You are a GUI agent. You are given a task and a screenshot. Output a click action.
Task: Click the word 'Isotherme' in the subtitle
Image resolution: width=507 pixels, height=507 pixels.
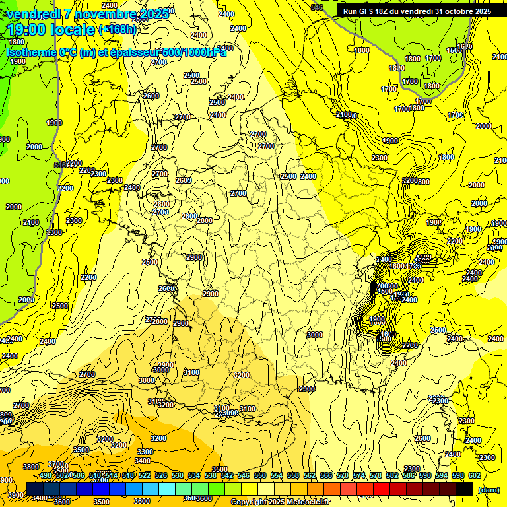[30, 52]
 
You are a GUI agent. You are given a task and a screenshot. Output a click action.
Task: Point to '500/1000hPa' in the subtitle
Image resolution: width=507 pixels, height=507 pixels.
[195, 52]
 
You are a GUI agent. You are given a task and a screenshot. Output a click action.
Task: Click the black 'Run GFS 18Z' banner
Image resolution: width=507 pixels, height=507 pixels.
[416, 11]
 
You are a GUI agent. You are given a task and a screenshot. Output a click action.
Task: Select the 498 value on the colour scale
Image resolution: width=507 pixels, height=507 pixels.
[46, 475]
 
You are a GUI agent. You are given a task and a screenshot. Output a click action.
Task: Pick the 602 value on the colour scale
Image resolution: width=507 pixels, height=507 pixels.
[474, 475]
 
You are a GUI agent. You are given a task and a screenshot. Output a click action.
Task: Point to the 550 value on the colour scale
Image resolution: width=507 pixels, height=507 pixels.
[260, 475]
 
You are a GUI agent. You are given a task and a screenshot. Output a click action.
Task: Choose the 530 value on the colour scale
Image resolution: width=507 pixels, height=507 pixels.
[178, 475]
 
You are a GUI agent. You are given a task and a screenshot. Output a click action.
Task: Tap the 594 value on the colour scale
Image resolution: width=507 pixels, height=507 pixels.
[441, 475]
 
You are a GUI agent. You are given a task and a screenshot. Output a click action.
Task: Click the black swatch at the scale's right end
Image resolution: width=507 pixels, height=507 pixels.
[464, 489]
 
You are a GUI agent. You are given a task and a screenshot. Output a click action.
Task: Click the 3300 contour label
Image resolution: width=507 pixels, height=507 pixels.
[145, 452]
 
